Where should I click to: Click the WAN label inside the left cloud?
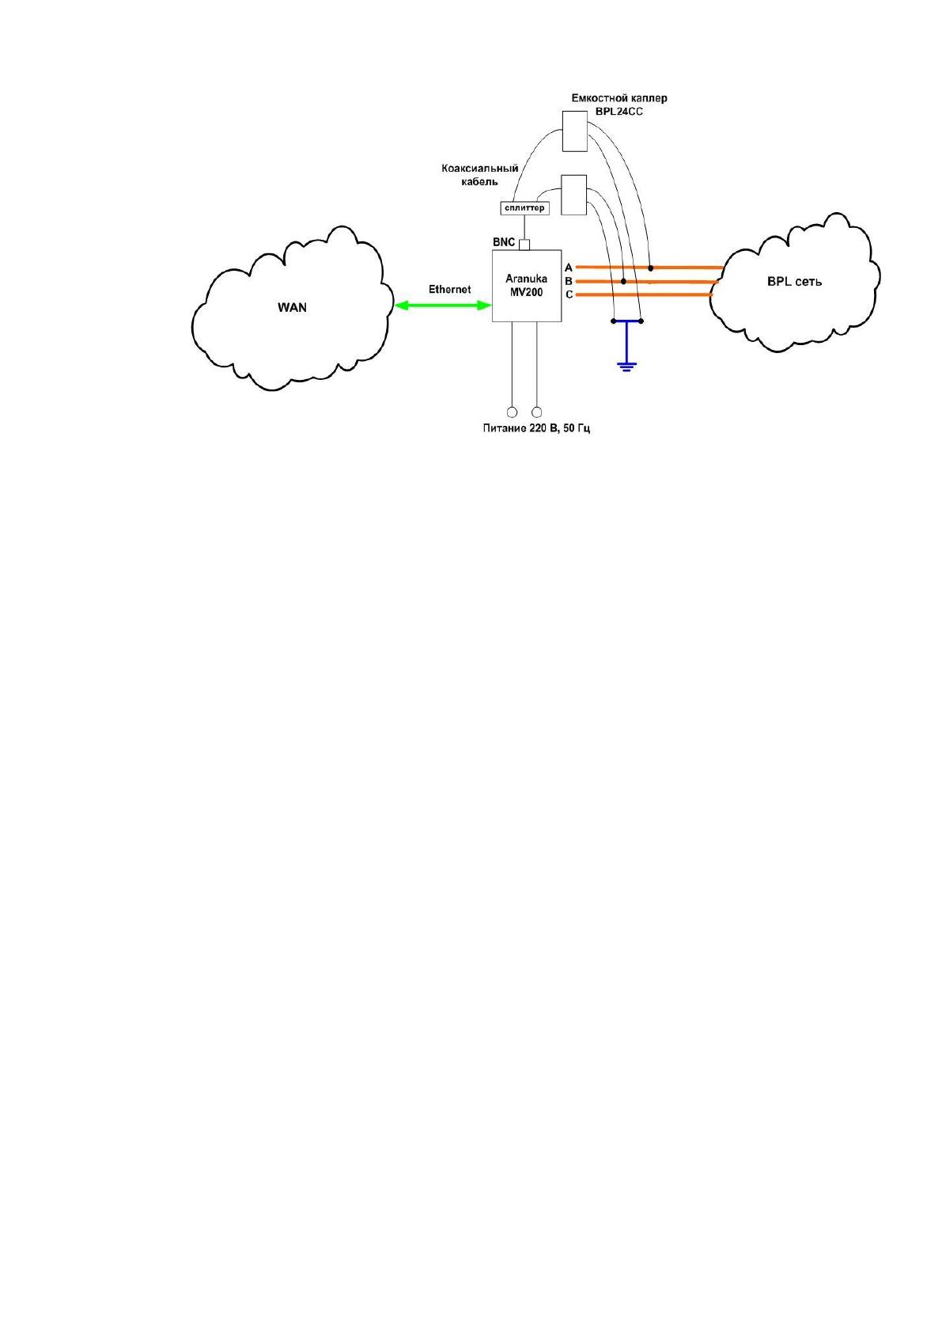(x=292, y=308)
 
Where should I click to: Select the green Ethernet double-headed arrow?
(x=443, y=306)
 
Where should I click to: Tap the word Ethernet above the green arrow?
(x=449, y=289)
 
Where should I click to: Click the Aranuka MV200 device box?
(x=527, y=286)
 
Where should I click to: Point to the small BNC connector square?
(x=524, y=245)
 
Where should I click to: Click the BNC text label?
(x=504, y=242)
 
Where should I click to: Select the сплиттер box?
(x=524, y=208)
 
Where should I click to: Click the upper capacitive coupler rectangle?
(x=574, y=131)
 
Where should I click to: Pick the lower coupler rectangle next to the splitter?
(x=574, y=195)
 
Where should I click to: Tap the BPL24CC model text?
(x=619, y=112)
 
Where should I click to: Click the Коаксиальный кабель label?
(x=479, y=175)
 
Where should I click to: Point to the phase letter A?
(x=569, y=268)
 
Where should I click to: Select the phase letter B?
(x=569, y=281)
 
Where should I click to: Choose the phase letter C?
(x=569, y=294)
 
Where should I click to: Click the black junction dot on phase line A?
(x=651, y=268)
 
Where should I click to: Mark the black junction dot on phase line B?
(x=623, y=281)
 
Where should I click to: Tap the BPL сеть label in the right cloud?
(x=795, y=282)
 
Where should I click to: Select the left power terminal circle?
(x=512, y=412)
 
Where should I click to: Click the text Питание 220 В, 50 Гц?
(x=536, y=428)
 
